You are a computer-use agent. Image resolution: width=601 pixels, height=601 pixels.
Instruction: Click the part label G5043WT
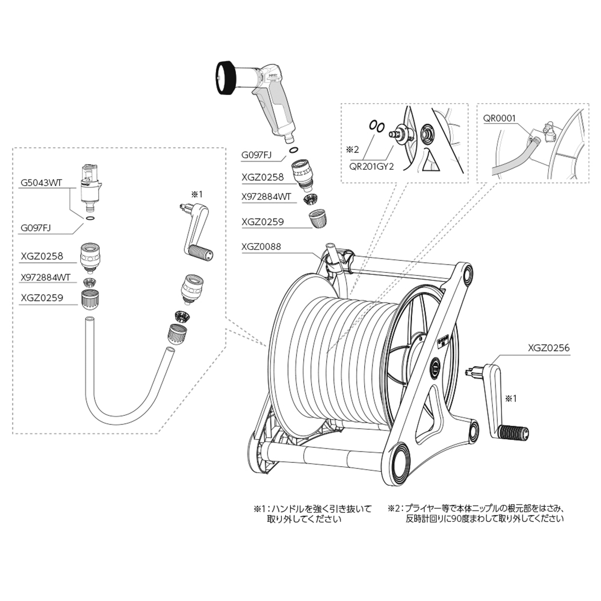(41, 183)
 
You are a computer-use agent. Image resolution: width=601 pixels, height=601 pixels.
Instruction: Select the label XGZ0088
(261, 246)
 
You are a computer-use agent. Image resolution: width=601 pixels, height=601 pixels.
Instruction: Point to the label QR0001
(499, 119)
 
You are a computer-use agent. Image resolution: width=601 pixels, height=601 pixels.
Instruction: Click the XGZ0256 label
(548, 348)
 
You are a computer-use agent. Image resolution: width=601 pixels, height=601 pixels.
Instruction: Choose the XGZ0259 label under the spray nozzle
(262, 221)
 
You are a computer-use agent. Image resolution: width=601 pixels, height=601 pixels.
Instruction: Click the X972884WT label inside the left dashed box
(46, 277)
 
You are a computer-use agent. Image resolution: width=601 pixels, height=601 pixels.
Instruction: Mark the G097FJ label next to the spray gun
(256, 155)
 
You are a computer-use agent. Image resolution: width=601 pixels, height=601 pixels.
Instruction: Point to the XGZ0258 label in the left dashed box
(42, 256)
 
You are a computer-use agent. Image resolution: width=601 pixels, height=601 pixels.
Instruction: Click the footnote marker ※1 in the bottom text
(259, 508)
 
